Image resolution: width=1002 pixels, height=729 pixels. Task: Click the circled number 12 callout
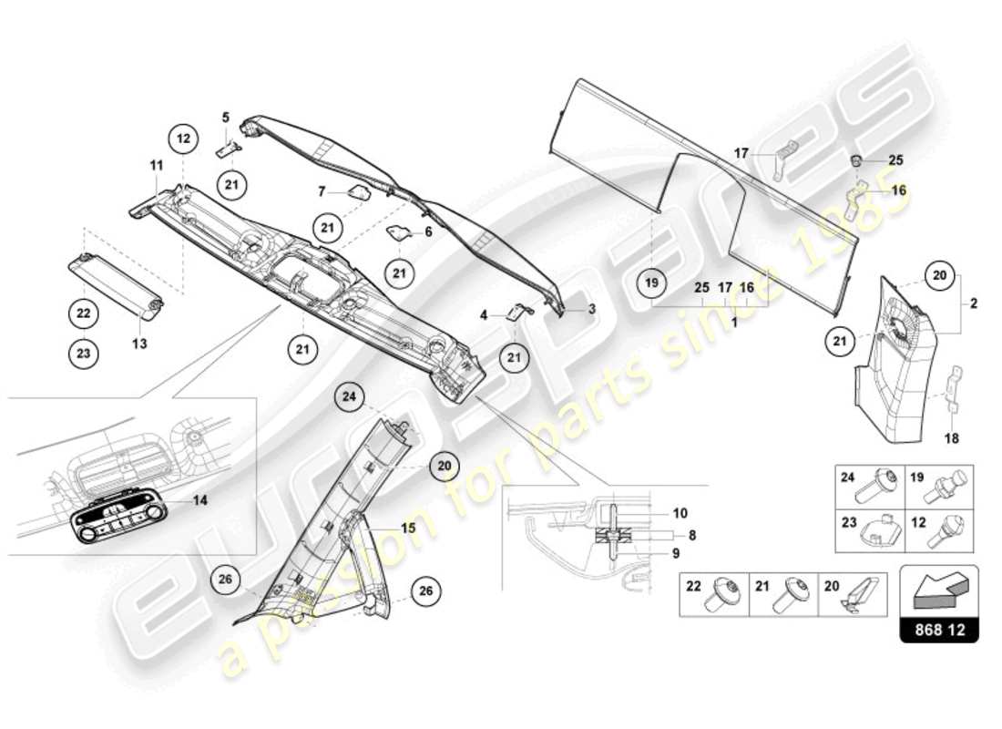pyautogui.click(x=182, y=139)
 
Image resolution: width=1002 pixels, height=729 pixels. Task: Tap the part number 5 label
pyautogui.click(x=225, y=117)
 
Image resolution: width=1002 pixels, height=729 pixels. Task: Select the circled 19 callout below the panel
pyautogui.click(x=651, y=283)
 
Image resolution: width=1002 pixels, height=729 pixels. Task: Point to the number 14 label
pyautogui.click(x=200, y=500)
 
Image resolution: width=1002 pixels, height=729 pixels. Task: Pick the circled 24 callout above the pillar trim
pyautogui.click(x=350, y=396)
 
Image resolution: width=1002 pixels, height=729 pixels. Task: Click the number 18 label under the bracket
pyautogui.click(x=951, y=437)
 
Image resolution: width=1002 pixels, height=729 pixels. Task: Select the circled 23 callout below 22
pyautogui.click(x=83, y=354)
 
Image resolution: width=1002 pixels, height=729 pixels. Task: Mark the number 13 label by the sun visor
pyautogui.click(x=139, y=344)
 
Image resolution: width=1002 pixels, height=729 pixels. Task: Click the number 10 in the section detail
pyautogui.click(x=681, y=513)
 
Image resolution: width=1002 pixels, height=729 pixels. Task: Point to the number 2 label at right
pyautogui.click(x=973, y=303)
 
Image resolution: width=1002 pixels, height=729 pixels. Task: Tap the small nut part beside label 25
pyautogui.click(x=856, y=160)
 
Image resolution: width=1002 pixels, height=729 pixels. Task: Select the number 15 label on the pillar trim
pyautogui.click(x=408, y=527)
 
